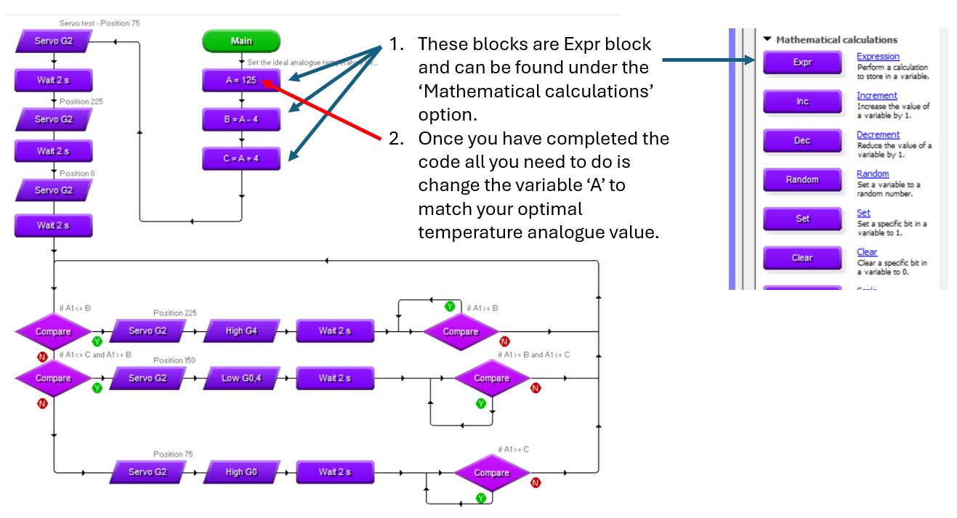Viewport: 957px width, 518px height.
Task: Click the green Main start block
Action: (241, 41)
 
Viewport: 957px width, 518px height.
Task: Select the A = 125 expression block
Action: (241, 80)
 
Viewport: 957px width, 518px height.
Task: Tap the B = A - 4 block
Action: (241, 119)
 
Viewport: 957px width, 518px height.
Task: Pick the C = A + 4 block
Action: (241, 158)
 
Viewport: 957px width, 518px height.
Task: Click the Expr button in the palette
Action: (802, 62)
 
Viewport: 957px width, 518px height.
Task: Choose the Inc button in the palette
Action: (802, 102)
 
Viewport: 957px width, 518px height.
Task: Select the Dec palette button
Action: (802, 141)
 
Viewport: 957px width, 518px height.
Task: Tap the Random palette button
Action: (802, 180)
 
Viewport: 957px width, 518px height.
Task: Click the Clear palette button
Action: (802, 258)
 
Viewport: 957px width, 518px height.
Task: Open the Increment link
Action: (876, 95)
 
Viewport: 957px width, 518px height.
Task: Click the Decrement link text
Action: (878, 134)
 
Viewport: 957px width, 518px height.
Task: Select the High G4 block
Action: (241, 331)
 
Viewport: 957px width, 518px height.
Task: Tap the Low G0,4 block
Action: (241, 378)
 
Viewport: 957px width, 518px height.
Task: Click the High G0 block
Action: (241, 472)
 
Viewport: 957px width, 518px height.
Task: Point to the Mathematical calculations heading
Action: (836, 40)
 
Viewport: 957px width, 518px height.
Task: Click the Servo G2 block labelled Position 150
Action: (148, 378)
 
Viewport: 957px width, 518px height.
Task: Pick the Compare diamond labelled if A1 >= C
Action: (492, 473)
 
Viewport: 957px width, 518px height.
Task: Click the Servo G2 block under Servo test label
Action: (54, 41)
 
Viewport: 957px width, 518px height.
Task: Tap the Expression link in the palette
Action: (878, 56)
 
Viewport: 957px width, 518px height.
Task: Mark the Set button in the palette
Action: (802, 219)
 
